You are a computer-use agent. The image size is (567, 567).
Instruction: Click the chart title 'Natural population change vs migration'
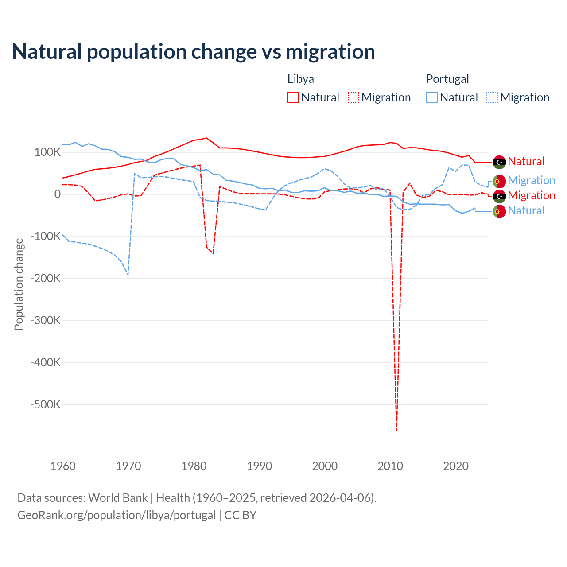[x=194, y=52]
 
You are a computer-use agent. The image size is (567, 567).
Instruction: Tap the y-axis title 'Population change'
[x=19, y=284]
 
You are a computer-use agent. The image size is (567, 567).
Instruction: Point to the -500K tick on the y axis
[x=46, y=404]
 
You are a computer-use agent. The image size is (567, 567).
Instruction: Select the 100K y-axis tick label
[x=48, y=152]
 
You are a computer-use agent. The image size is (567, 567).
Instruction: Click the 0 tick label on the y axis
[x=58, y=194]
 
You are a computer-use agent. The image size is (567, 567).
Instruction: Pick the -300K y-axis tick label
[x=46, y=320]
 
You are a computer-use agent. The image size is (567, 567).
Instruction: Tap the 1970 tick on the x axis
[x=128, y=466]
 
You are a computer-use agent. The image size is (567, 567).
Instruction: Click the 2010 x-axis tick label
[x=390, y=466]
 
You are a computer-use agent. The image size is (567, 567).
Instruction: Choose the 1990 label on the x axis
[x=260, y=466]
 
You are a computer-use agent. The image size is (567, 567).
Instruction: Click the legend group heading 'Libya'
[x=301, y=79]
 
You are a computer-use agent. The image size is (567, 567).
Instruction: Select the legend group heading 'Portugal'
[x=447, y=79]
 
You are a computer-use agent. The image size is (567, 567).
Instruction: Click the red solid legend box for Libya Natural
[x=293, y=97]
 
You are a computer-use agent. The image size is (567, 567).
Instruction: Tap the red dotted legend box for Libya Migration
[x=353, y=97]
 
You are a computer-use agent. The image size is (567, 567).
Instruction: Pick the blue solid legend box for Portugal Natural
[x=432, y=97]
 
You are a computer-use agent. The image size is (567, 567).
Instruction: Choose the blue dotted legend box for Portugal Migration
[x=492, y=97]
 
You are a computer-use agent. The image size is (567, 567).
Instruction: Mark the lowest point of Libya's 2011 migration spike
[x=396, y=430]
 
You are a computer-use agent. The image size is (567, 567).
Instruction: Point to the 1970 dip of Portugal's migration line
[x=128, y=275]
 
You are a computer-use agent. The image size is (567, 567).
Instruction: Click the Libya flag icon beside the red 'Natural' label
[x=499, y=162]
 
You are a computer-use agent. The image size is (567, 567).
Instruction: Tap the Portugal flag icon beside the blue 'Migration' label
[x=499, y=181]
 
